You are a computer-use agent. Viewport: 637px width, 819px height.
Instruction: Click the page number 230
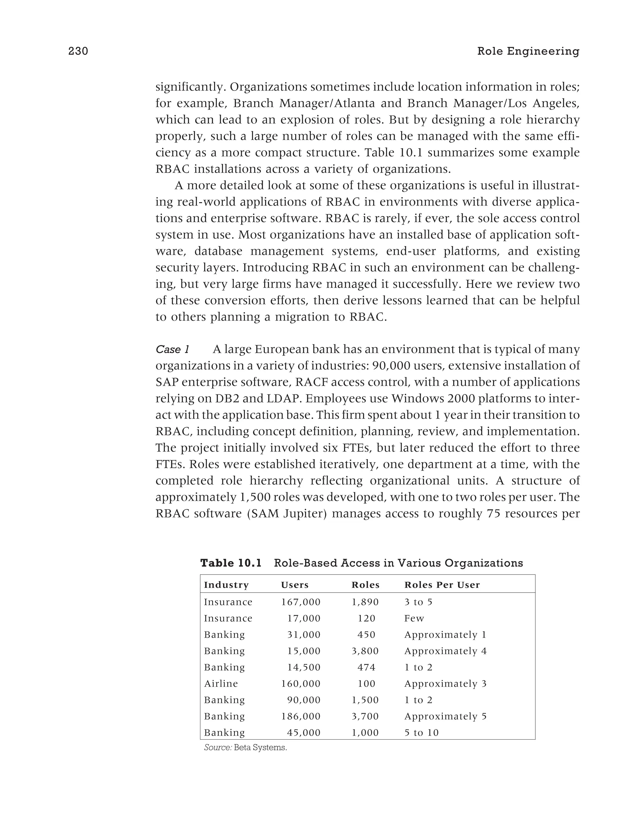78,51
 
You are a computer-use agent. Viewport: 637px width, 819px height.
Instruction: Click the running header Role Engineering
528,51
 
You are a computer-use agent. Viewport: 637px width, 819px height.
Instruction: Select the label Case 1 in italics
172,350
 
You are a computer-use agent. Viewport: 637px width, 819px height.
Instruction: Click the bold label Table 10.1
230,563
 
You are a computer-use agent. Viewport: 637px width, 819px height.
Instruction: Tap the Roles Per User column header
442,585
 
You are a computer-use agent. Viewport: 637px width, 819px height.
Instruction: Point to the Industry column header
226,585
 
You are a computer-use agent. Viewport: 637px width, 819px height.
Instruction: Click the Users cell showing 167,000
301,602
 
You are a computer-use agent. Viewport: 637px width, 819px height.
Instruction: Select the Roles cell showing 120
366,618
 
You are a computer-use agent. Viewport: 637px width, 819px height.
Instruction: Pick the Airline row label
221,684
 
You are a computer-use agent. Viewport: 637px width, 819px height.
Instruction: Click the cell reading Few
414,618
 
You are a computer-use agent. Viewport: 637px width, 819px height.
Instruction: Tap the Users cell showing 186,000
301,716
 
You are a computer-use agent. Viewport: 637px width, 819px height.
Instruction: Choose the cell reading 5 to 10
421,733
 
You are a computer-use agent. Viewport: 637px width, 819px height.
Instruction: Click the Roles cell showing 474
366,667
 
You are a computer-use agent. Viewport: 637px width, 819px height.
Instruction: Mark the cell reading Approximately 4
445,651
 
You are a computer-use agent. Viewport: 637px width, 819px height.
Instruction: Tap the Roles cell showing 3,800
365,651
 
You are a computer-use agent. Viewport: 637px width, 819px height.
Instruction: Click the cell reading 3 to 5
418,602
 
